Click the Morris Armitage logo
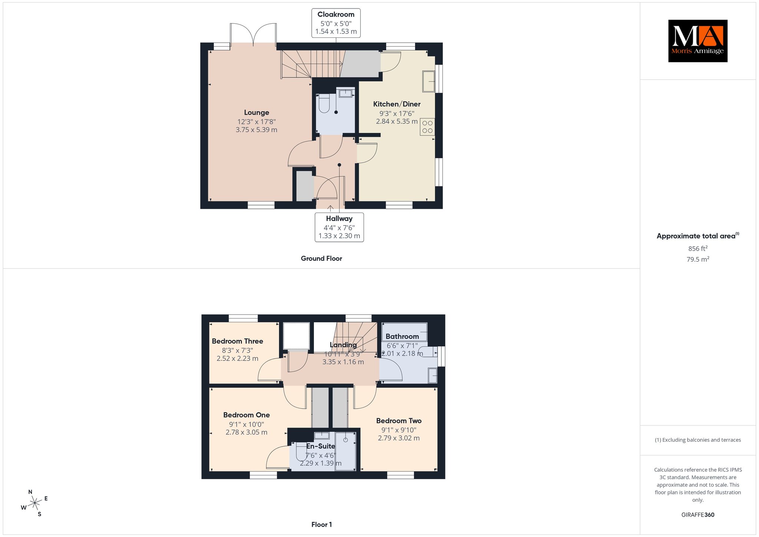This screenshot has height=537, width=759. [x=697, y=41]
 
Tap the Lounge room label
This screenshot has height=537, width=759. [x=256, y=112]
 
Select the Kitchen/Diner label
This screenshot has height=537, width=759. [x=397, y=104]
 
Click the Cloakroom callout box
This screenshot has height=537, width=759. [x=336, y=23]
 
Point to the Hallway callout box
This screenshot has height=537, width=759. [x=339, y=227]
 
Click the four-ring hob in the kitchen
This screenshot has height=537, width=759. [x=427, y=127]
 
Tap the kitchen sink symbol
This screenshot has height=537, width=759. [x=429, y=81]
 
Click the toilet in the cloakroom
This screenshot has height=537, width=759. [x=324, y=103]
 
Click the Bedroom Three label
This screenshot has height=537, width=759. [x=238, y=341]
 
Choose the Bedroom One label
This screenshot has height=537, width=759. [x=246, y=415]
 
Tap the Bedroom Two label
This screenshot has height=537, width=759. [x=399, y=421]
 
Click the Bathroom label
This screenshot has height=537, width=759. [x=402, y=336]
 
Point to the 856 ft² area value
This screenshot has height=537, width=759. [x=697, y=248]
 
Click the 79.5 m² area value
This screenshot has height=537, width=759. [x=698, y=259]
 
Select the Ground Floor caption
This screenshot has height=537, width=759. [x=321, y=258]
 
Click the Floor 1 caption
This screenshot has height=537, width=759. [x=322, y=524]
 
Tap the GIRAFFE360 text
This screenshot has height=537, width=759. [x=698, y=515]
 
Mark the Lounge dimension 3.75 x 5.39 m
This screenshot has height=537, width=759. [x=256, y=130]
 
